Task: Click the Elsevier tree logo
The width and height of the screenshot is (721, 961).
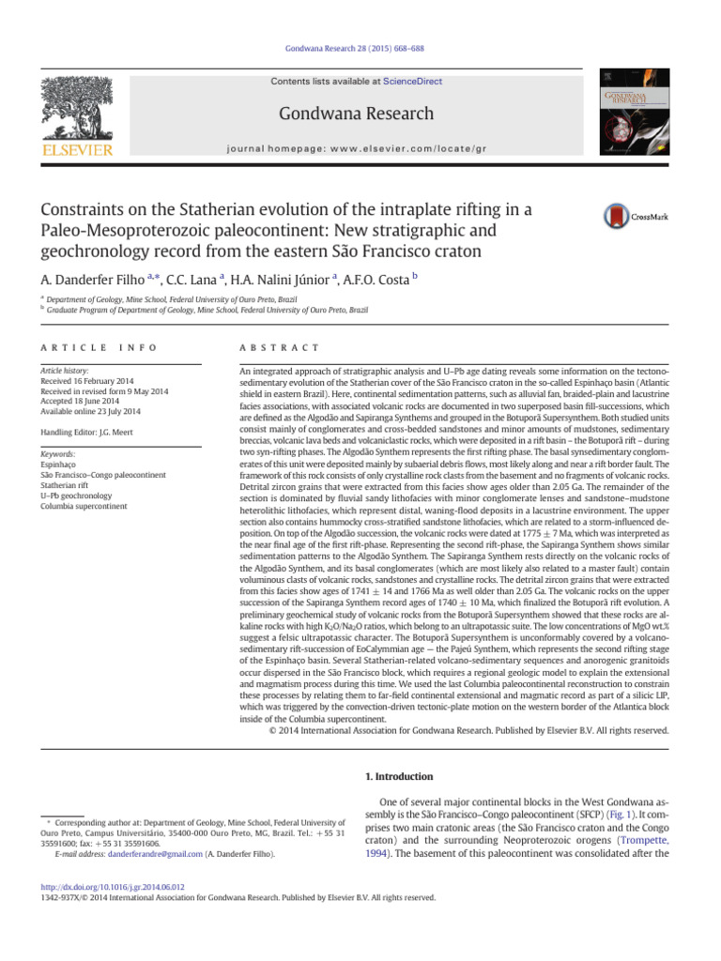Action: (80, 108)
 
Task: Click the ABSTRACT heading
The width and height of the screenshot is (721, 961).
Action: (280, 347)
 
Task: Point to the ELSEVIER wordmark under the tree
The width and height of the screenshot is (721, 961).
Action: (80, 149)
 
